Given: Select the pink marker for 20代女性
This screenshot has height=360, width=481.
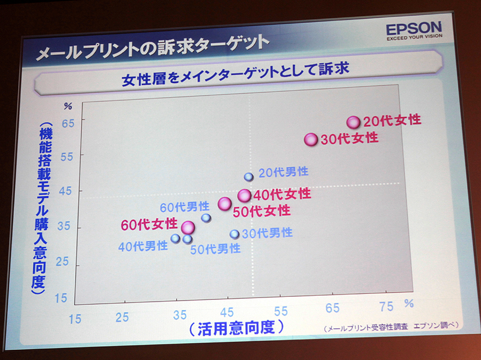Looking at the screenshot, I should pos(354,122).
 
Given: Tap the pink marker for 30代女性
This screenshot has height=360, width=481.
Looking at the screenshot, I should pos(311,139).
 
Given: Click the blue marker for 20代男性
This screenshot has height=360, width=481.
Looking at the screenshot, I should pos(249,177).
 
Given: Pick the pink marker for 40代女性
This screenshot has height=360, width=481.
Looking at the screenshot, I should pos(244,195).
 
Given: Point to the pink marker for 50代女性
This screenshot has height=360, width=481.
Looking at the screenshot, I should pos(224,204).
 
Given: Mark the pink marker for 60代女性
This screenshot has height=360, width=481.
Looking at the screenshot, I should pos(188,227).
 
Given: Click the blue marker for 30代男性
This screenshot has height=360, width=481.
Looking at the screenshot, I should pos(234,234).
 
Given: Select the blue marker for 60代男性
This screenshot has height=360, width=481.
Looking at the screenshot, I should pos(206,218).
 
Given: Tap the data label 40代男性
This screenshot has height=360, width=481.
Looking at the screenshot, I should pos(142,245).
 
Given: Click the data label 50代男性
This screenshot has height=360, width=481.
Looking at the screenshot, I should pos(215,248).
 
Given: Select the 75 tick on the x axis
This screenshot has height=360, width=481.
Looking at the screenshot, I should pos(387,307).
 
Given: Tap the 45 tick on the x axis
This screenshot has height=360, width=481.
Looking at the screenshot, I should pos(227,313).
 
